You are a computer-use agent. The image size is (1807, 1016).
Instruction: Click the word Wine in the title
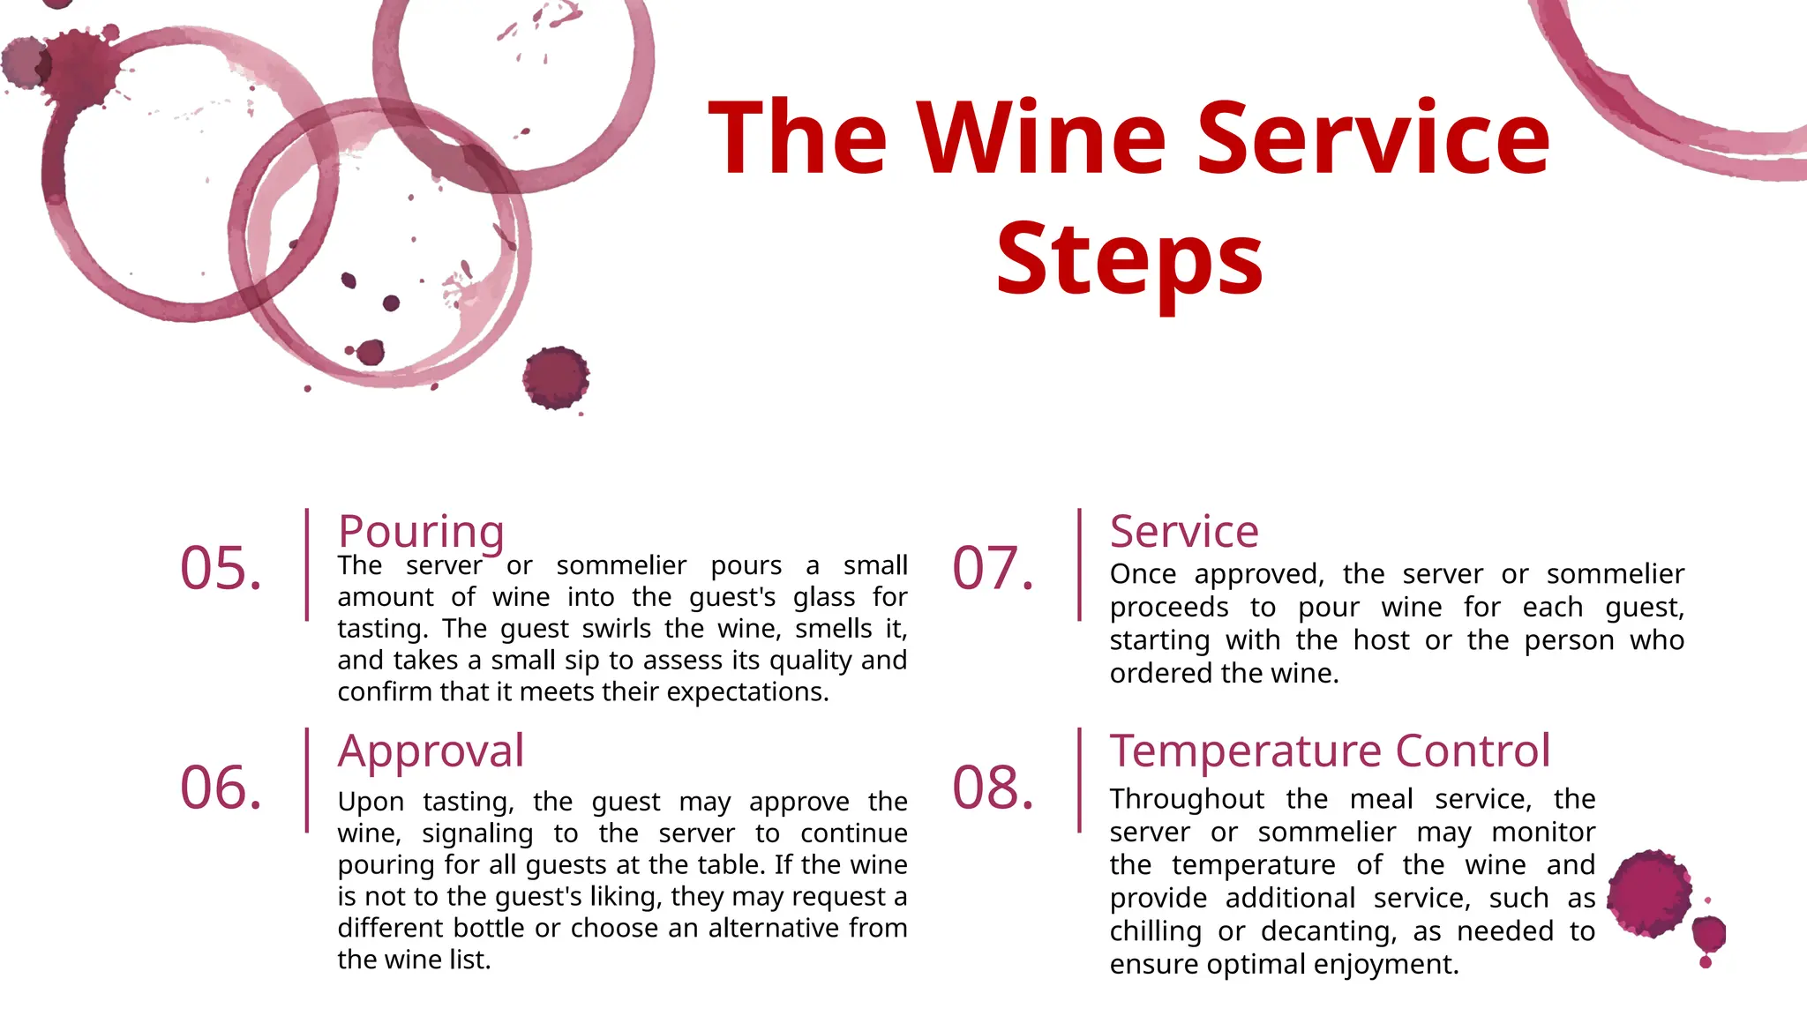1042,138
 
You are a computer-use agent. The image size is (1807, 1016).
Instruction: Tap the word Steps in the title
1129,261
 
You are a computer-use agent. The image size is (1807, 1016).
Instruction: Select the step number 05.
221,568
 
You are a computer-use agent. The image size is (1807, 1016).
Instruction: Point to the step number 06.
221,787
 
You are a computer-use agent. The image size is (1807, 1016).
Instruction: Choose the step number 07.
993,568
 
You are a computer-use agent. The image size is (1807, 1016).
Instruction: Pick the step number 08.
993,787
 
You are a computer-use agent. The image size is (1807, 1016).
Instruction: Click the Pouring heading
421,532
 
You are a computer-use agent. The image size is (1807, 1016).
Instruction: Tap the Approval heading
431,751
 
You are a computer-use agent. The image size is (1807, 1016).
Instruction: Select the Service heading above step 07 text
1184,532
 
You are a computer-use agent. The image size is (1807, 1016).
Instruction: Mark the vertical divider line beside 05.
307,564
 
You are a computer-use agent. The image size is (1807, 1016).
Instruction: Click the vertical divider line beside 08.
1079,781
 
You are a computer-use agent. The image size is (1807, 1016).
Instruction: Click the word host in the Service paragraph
1381,640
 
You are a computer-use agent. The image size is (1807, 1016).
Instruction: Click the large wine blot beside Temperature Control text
1649,893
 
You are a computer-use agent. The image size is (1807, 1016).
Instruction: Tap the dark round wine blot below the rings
556,377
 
